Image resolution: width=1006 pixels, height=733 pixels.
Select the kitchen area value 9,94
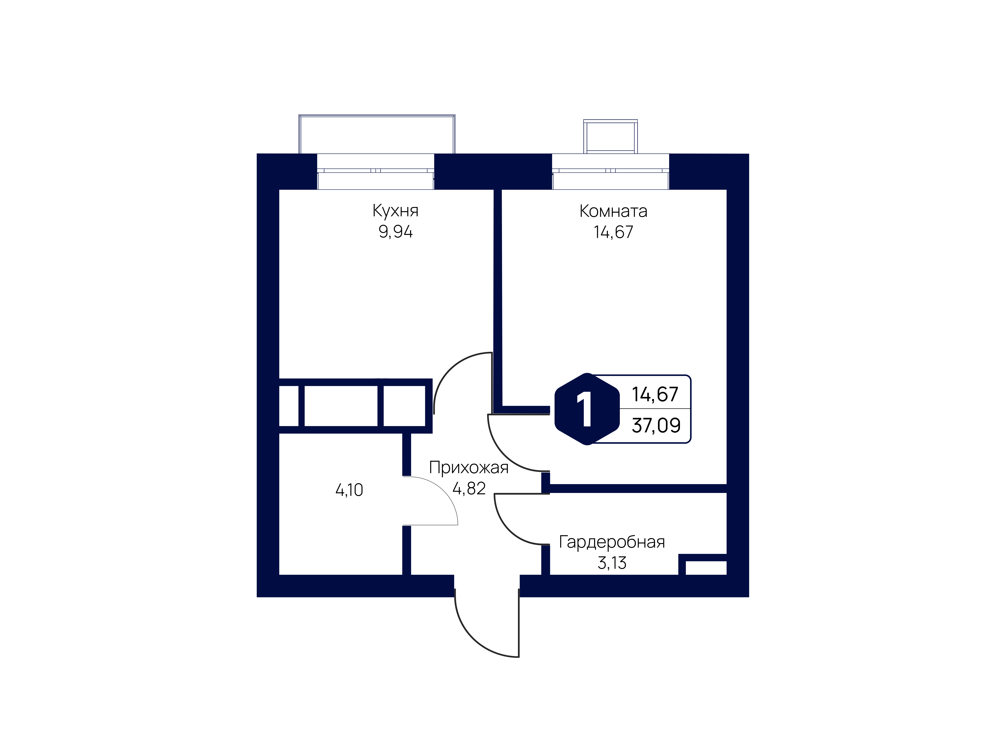point(395,232)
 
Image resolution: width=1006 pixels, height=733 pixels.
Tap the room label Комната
point(613,211)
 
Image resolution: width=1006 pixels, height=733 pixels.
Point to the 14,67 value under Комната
point(613,232)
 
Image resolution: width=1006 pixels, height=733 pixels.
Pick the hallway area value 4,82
point(469,489)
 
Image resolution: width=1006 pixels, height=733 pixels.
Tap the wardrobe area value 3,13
point(612,563)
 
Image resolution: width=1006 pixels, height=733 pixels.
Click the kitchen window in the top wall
point(375,172)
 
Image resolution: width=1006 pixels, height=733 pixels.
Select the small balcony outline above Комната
point(610,137)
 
